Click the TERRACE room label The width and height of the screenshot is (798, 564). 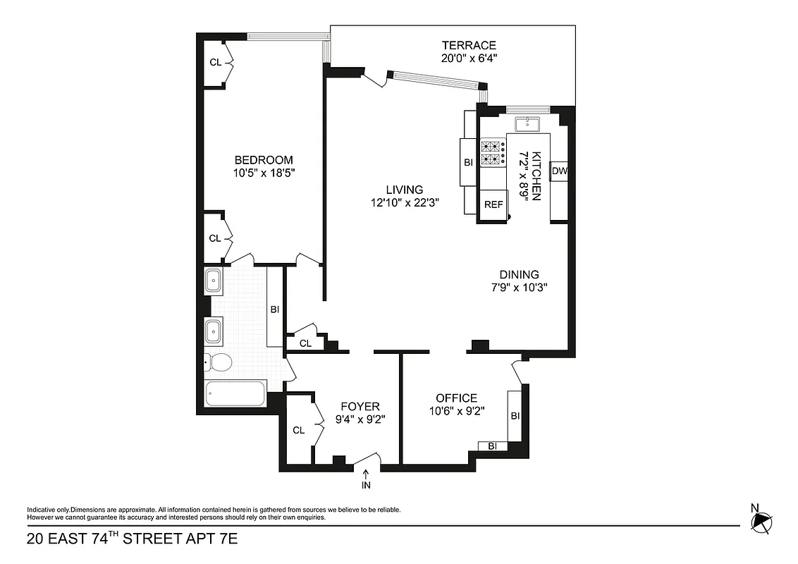coord(465,45)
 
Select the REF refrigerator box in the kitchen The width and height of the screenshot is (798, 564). coord(493,205)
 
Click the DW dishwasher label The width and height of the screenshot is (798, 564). coord(559,171)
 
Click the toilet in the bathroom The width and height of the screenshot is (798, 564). coord(218,363)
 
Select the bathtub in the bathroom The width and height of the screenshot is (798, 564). coord(235,393)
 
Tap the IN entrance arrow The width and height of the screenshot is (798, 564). coord(366,480)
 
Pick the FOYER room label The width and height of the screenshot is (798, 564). coord(360,406)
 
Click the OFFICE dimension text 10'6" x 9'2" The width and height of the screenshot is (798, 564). coord(455,412)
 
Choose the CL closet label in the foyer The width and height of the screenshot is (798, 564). coord(298,430)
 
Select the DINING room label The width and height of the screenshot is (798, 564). coord(519,274)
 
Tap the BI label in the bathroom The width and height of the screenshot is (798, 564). coord(275,309)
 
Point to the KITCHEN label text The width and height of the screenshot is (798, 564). coord(536,176)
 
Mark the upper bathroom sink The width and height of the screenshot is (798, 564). coord(213,282)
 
